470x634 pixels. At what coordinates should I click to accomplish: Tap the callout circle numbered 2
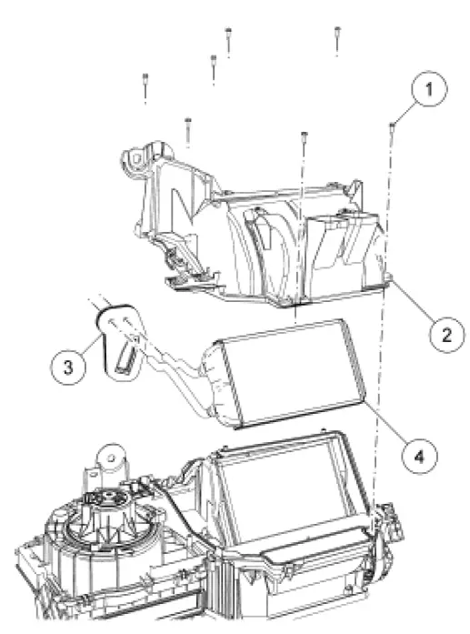[x=445, y=335]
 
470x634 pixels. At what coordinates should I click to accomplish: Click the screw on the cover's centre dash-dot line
[x=302, y=138]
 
